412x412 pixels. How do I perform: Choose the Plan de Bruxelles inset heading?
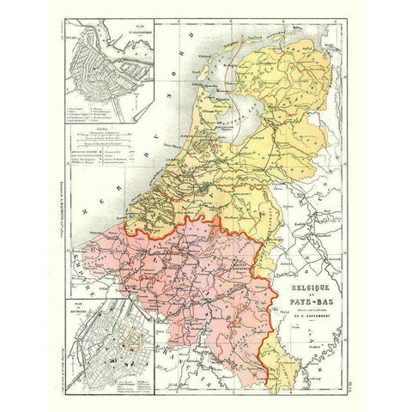tap(80, 304)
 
